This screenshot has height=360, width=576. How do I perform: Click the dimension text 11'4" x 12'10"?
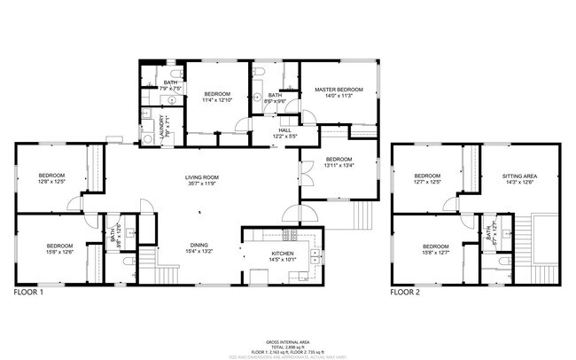pos(217,101)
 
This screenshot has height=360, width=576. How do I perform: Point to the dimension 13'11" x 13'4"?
pos(339,165)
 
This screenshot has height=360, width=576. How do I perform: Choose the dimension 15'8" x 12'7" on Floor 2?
pos(437,253)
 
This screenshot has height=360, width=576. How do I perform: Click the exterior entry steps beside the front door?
pos(364,215)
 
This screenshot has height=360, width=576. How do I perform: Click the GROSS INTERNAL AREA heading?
pos(287,340)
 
